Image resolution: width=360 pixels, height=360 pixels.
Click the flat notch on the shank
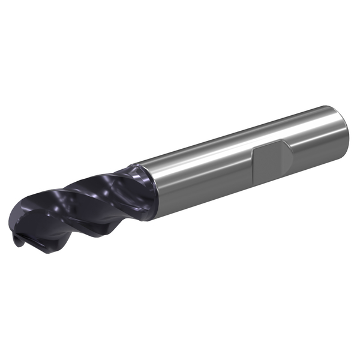tap(271, 156)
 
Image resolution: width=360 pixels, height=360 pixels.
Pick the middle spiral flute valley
tap(90, 198)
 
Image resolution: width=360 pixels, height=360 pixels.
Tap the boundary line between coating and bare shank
tap(155, 180)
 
